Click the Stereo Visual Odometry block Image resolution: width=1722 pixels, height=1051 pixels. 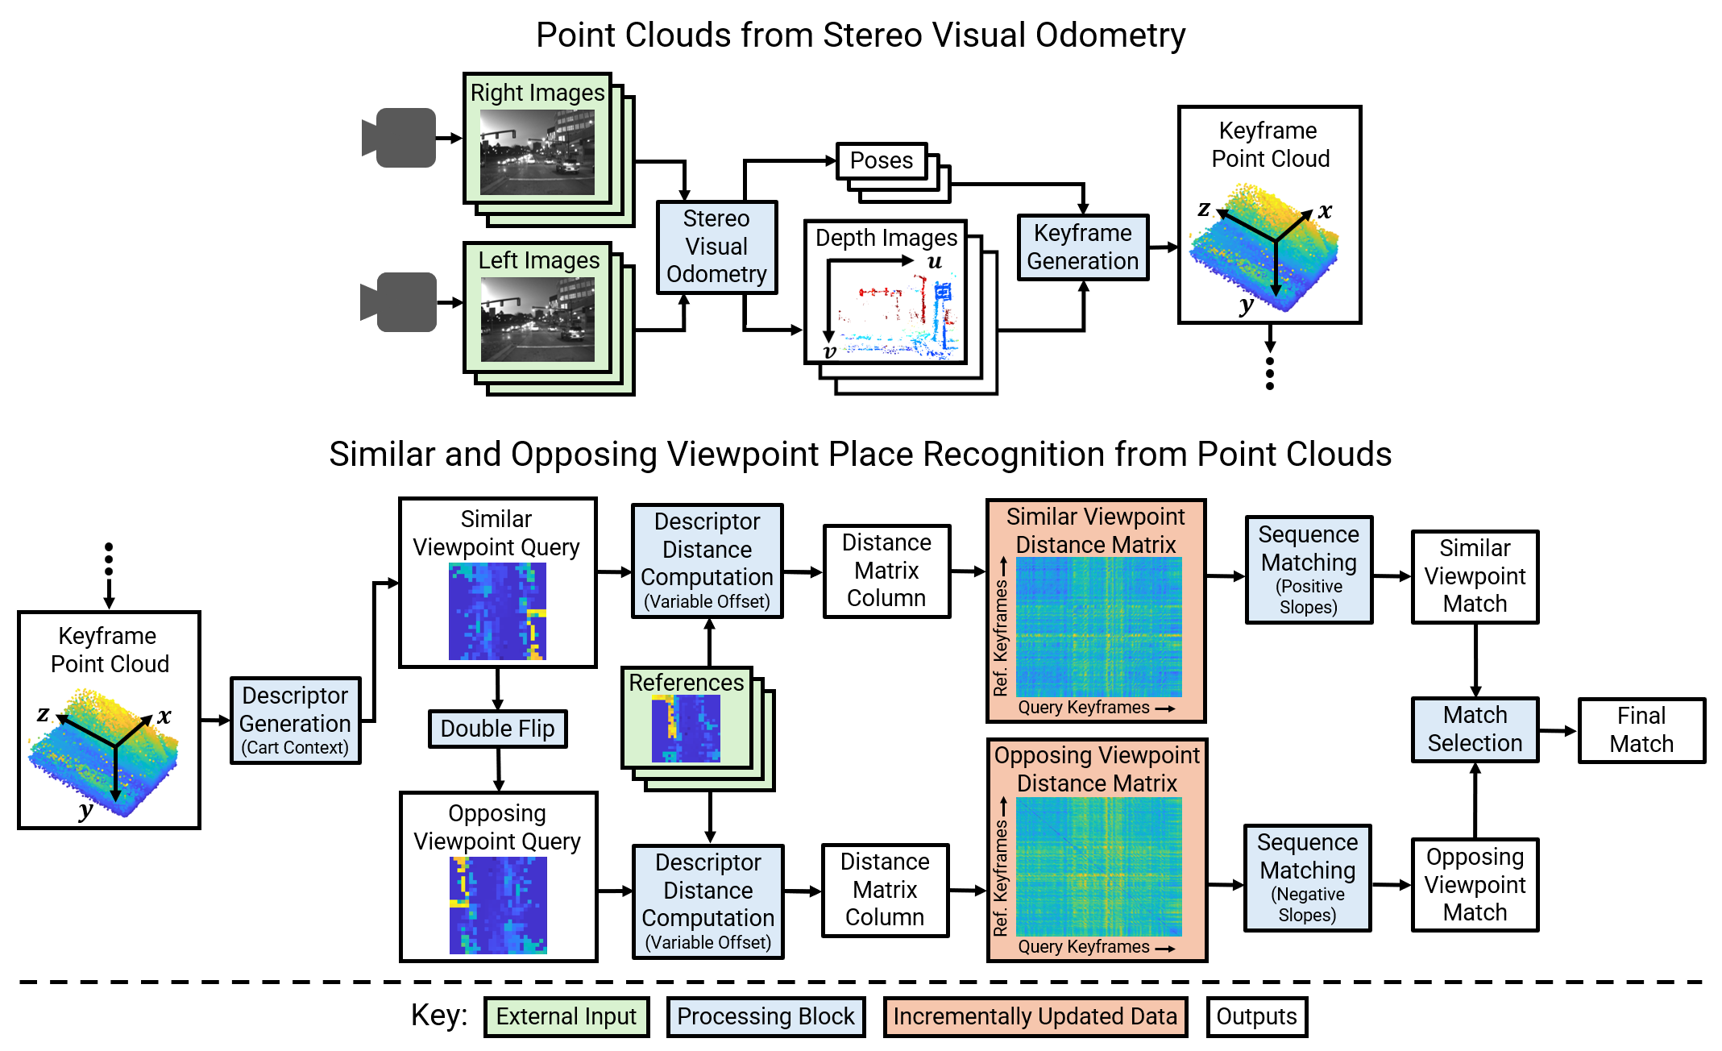click(x=716, y=247)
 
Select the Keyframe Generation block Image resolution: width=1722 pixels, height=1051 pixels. click(x=1082, y=247)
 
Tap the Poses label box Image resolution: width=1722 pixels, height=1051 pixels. click(x=882, y=160)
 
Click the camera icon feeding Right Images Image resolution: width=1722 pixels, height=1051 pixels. click(x=400, y=138)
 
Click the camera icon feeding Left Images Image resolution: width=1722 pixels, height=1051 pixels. click(x=400, y=302)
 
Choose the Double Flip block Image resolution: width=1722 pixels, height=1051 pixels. click(x=497, y=729)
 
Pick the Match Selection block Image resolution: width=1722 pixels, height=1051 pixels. click(x=1475, y=729)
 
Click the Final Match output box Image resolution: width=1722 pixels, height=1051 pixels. click(x=1641, y=730)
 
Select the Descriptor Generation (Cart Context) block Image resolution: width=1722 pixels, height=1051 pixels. click(x=295, y=721)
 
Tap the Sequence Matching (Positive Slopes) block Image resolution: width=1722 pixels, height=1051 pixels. click(x=1309, y=570)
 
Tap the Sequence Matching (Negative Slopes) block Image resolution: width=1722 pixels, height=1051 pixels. click(x=1307, y=878)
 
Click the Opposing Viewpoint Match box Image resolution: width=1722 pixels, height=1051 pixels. click(x=1475, y=884)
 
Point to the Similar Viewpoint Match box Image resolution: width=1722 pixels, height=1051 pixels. click(x=1475, y=576)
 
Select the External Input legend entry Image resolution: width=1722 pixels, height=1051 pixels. click(x=566, y=1016)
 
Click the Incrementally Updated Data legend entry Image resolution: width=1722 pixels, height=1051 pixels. click(x=1035, y=1016)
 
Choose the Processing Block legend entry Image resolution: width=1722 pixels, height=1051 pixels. click(x=766, y=1016)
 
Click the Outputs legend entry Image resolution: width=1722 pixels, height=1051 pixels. click(x=1256, y=1016)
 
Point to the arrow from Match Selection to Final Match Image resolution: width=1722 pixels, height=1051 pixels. click(x=1558, y=731)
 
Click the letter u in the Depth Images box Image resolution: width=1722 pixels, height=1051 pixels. click(x=935, y=262)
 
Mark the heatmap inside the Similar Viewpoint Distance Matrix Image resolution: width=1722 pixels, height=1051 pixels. click(x=1098, y=627)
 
